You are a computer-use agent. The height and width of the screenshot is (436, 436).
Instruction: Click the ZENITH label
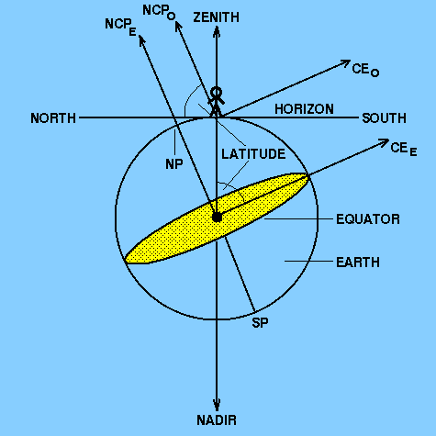coord(216,17)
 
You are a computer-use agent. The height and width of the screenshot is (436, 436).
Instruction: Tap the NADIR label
coord(217,420)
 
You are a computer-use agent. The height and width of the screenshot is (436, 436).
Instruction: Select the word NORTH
coord(53,118)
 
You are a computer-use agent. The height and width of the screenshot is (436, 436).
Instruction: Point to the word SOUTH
coord(384,118)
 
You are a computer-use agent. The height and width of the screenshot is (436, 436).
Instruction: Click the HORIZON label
coord(304,109)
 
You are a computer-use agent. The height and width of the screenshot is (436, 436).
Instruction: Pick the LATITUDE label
coord(253,154)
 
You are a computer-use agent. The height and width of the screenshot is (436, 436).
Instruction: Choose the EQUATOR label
coord(368,219)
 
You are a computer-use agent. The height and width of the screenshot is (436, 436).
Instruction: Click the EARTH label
coord(358,263)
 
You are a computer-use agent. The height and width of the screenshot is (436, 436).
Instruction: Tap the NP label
coord(174,164)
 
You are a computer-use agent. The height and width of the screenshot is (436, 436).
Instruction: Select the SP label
coord(260,322)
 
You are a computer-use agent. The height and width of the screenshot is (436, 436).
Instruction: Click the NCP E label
coord(120,27)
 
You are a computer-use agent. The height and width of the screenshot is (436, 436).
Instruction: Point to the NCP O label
coord(159,12)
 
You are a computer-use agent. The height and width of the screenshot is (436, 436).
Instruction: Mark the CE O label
coord(365,70)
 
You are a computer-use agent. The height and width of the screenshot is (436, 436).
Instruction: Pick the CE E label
coord(404,150)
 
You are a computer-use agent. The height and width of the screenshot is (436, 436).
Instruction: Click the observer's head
coord(217,92)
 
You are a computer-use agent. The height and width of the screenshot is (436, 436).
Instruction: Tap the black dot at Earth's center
coord(217,218)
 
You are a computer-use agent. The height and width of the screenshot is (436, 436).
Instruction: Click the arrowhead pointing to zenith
coord(217,32)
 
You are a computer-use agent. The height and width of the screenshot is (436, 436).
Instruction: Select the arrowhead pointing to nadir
coord(217,405)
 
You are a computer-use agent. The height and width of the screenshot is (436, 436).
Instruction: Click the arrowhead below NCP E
coord(141,40)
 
